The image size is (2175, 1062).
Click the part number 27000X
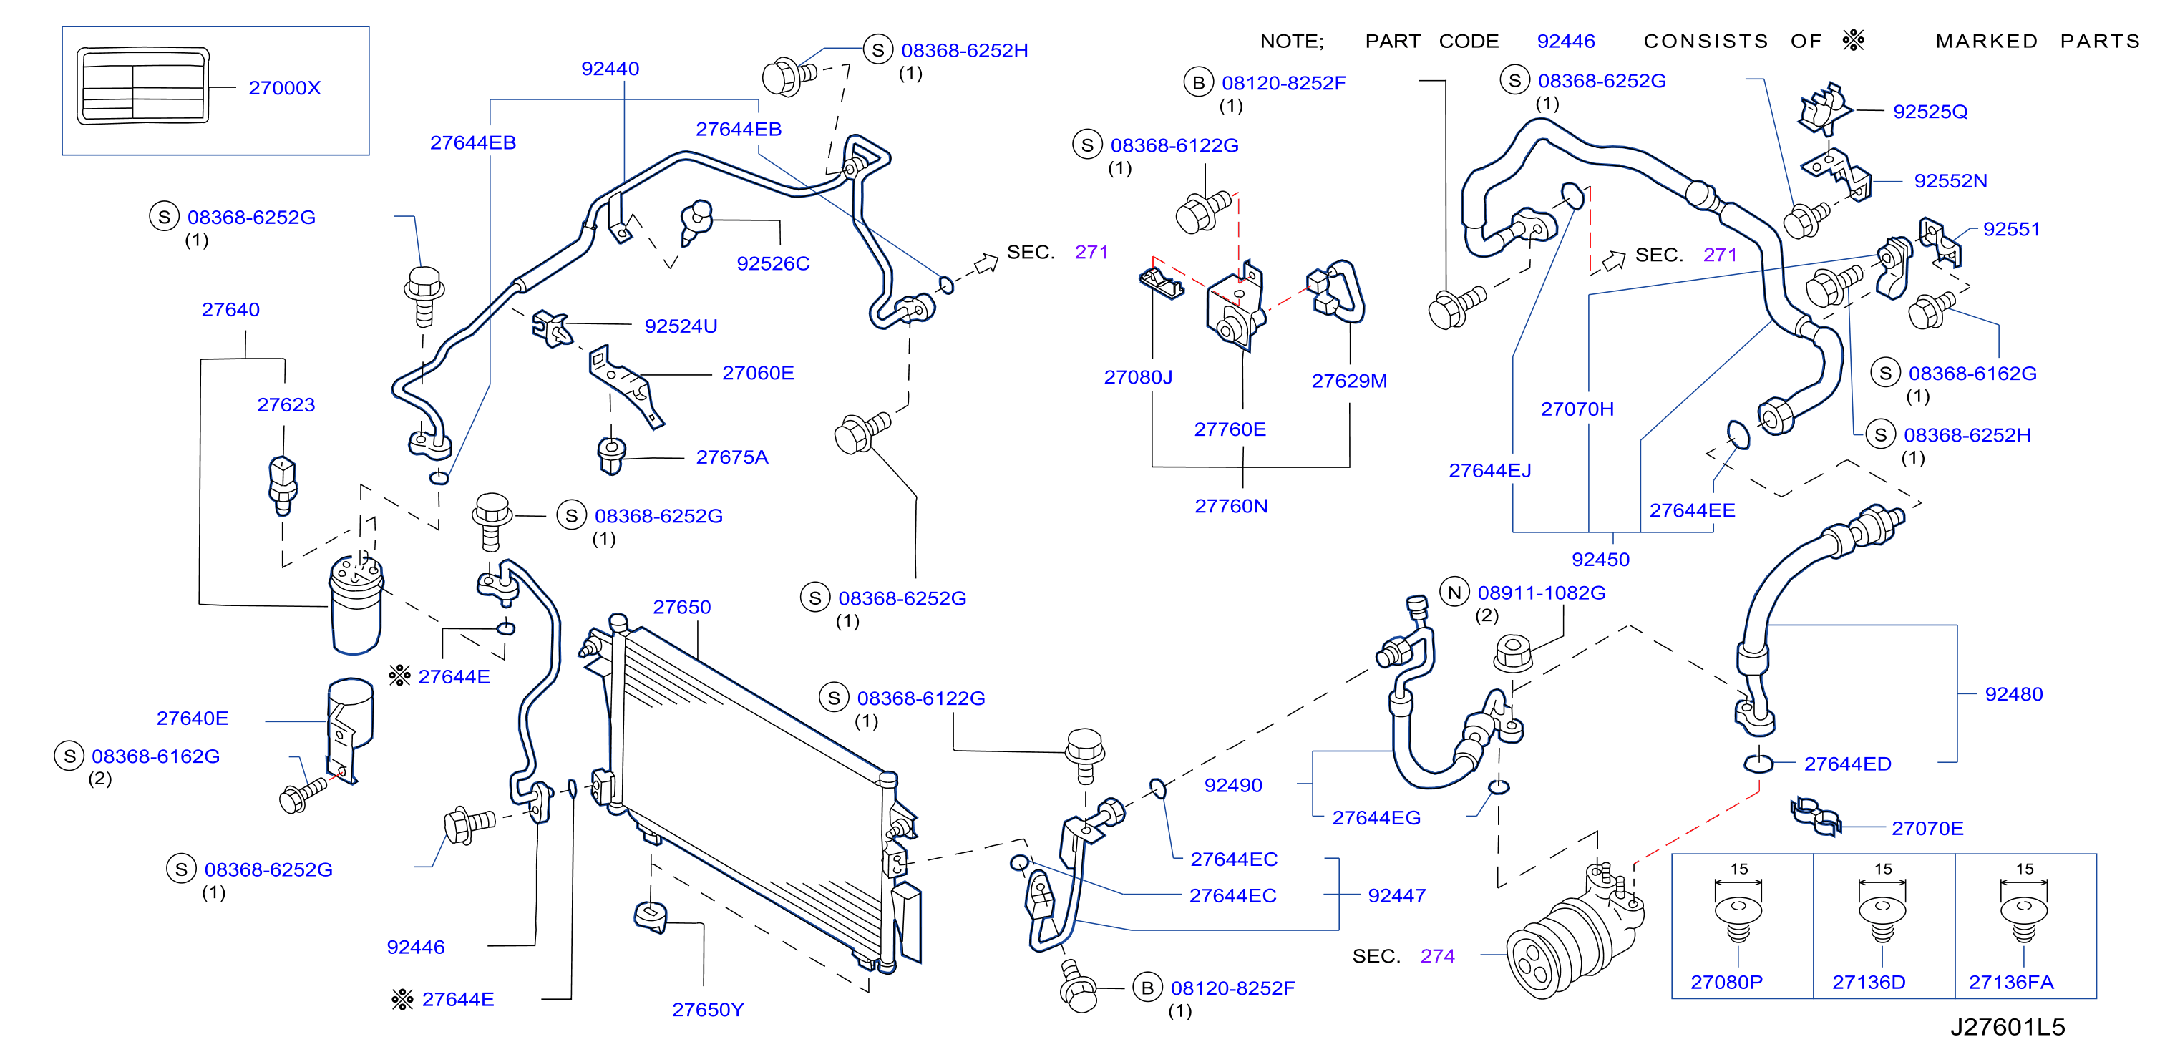285,88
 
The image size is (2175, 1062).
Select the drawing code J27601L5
2007,1026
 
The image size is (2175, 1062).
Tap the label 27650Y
708,1010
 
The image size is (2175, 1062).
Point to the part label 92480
2014,694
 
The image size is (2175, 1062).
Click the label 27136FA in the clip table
2011,982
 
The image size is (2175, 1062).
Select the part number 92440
610,69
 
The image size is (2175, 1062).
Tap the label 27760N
1231,506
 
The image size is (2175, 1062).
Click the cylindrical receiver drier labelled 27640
356,605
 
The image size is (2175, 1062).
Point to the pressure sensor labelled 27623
283,484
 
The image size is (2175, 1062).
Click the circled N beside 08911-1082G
1454,593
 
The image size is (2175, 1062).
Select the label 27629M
1349,381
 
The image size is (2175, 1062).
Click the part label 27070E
1927,828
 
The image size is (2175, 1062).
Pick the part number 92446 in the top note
1565,42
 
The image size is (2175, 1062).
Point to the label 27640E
193,718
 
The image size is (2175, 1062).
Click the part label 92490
1232,785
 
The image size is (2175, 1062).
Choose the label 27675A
732,457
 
